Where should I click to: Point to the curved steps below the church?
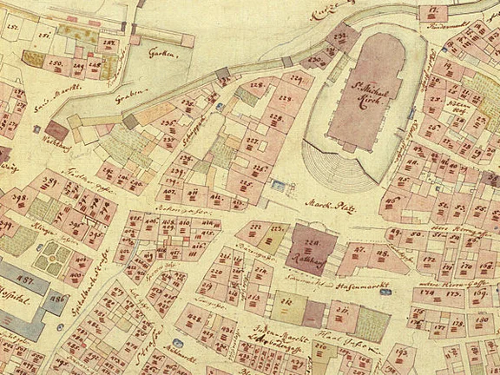coord(343,170)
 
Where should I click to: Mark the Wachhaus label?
coord(53,136)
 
